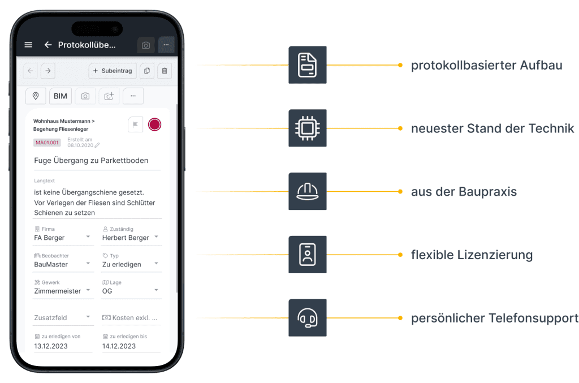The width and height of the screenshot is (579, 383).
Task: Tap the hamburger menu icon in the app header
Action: [x=29, y=45]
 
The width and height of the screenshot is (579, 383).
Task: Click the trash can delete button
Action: [x=165, y=71]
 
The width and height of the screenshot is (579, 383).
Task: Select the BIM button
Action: [x=61, y=96]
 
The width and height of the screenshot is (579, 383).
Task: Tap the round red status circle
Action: [x=154, y=124]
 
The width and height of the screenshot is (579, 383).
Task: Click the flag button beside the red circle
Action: [x=136, y=124]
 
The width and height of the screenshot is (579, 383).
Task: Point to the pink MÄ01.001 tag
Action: [x=48, y=143]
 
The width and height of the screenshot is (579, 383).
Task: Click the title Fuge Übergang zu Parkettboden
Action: [x=91, y=161]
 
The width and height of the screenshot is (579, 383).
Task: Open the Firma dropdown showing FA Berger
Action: [x=63, y=238]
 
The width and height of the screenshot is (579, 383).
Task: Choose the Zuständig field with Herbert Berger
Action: [x=131, y=238]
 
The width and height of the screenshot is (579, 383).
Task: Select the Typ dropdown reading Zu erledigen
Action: [x=131, y=264]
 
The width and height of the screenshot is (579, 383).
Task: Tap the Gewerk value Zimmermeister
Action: [x=58, y=291]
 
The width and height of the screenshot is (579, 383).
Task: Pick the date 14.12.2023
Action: [x=119, y=346]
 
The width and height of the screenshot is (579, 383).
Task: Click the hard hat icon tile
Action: [x=307, y=192]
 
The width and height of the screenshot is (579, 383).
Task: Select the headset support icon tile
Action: [x=307, y=318]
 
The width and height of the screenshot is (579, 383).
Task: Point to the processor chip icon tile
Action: [x=307, y=128]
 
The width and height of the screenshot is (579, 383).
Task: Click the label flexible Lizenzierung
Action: [x=472, y=255]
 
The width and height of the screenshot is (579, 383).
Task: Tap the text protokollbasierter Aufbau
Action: [x=486, y=65]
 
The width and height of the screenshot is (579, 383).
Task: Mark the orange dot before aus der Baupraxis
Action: [x=400, y=192]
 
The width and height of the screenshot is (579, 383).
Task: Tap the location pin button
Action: [x=36, y=96]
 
